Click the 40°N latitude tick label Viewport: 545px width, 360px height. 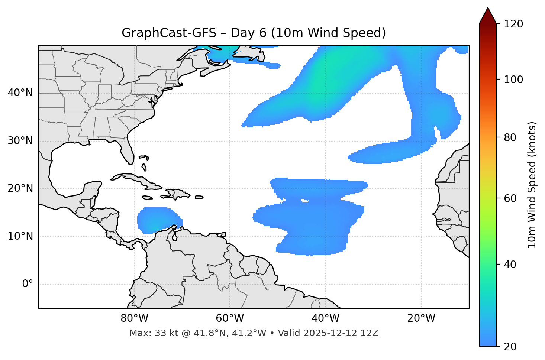20,93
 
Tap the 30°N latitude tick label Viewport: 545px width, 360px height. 20,141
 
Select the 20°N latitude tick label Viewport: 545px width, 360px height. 20,188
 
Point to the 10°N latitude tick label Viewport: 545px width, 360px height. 20,236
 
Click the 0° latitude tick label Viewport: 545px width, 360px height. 28,284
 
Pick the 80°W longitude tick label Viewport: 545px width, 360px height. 134,318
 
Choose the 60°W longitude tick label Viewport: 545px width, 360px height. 230,318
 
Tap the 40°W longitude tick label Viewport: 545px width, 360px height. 325,318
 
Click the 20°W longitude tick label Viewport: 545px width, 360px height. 421,318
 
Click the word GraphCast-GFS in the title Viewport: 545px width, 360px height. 169,33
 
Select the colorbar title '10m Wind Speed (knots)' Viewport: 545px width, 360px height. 532,185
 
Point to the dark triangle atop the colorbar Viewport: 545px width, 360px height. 488,16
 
